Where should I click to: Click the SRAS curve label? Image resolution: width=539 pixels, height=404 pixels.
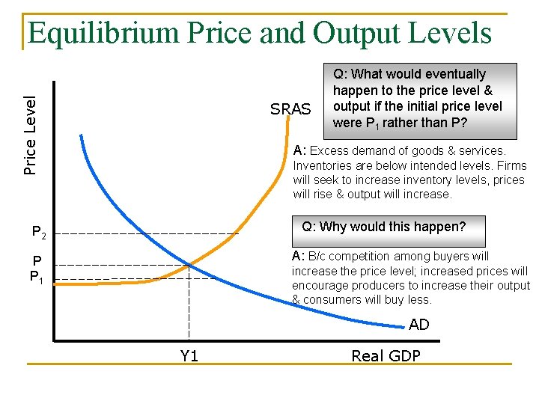tap(290, 109)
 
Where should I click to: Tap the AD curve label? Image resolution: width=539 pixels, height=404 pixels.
tap(419, 325)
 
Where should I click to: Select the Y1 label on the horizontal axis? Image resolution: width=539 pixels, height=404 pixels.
tap(189, 356)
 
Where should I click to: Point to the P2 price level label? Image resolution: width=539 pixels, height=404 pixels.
tap(40, 233)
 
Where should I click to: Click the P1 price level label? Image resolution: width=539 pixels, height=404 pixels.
tap(38, 277)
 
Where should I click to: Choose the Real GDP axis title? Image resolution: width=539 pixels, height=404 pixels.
tap(386, 356)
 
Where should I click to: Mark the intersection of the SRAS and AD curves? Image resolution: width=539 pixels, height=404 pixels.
tap(189, 264)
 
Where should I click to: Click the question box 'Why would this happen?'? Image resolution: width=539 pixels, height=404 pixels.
tap(383, 227)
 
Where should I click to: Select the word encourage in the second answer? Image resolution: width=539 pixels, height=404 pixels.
tap(320, 285)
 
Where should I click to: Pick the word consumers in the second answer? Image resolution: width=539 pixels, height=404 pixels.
tap(329, 299)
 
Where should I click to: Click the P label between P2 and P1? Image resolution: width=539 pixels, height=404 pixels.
tap(37, 261)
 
